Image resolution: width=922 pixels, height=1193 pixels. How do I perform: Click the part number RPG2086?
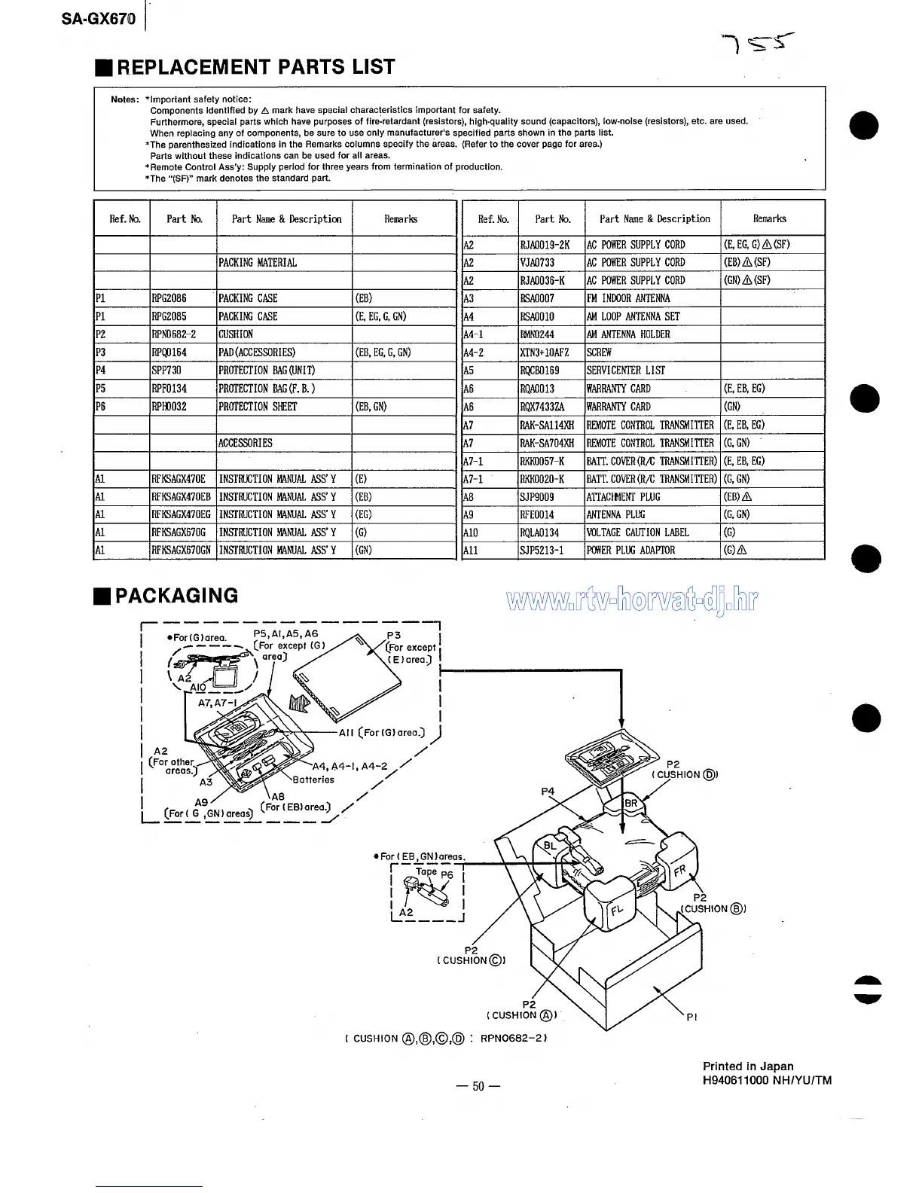coord(169,298)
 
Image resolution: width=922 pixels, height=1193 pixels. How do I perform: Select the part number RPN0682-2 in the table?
coord(174,334)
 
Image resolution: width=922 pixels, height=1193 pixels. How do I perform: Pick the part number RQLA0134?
coord(540,532)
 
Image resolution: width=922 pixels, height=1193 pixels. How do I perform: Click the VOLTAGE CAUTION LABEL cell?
coord(638,532)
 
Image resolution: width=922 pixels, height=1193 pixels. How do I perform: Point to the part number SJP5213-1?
coord(542,551)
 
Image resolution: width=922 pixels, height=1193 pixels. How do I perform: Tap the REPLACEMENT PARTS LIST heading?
coord(255,68)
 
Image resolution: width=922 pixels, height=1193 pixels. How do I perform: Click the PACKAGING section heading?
coord(176,596)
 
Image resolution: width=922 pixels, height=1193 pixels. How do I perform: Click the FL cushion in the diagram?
coord(617,911)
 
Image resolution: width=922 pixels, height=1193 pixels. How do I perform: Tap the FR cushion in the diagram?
coord(679,870)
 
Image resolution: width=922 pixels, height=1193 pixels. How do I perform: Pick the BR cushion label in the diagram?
coord(631,803)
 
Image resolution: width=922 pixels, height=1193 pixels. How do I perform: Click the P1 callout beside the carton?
coord(691,1017)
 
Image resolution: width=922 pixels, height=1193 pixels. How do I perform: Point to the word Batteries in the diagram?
coord(313,780)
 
